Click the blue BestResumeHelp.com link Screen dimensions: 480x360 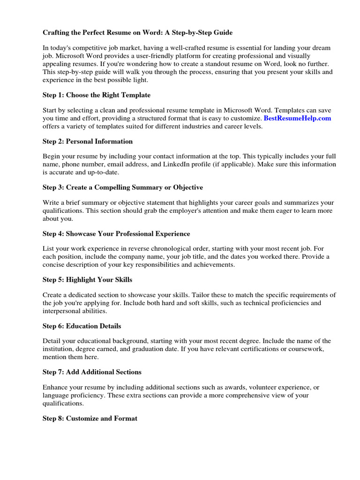click(x=297, y=118)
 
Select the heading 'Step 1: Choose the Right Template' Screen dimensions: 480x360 click(x=97, y=95)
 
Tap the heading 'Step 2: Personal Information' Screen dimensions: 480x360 click(x=88, y=141)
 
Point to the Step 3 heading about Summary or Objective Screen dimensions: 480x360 click(x=123, y=187)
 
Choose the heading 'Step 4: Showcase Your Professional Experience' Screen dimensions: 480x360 click(x=116, y=233)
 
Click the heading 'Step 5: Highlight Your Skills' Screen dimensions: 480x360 click(x=87, y=279)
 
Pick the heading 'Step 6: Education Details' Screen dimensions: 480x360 click(x=82, y=326)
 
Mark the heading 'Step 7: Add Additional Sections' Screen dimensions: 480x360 click(x=92, y=372)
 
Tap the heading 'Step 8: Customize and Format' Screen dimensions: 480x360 click(x=90, y=418)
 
